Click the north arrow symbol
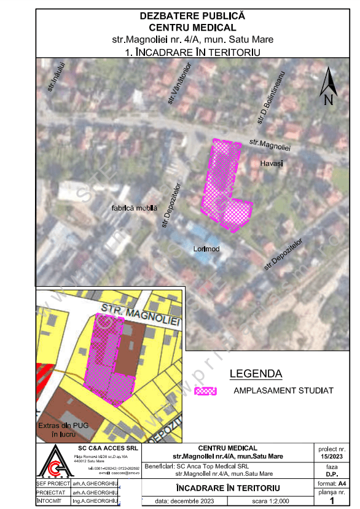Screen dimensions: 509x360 click(329, 88)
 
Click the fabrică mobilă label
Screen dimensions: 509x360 click(135, 208)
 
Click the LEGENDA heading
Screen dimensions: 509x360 click(256, 373)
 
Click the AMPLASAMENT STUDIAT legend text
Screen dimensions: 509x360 click(283, 390)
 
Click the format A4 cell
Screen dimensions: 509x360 click(332, 484)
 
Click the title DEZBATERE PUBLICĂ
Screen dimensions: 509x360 click(192, 16)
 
